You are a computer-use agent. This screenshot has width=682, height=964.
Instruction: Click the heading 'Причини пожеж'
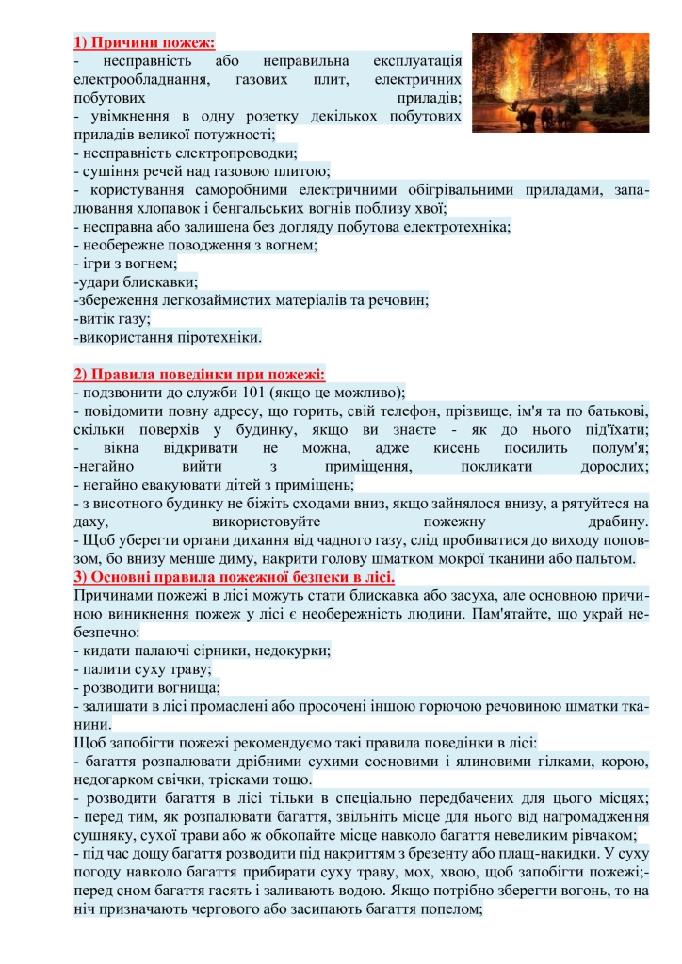(x=144, y=42)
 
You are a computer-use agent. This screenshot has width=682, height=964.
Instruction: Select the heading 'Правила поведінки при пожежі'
(x=199, y=374)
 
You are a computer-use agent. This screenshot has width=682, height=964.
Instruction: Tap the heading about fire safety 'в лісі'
(x=234, y=576)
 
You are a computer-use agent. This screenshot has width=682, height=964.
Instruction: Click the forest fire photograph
(x=560, y=82)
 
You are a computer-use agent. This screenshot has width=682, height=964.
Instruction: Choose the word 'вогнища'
(x=167, y=687)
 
